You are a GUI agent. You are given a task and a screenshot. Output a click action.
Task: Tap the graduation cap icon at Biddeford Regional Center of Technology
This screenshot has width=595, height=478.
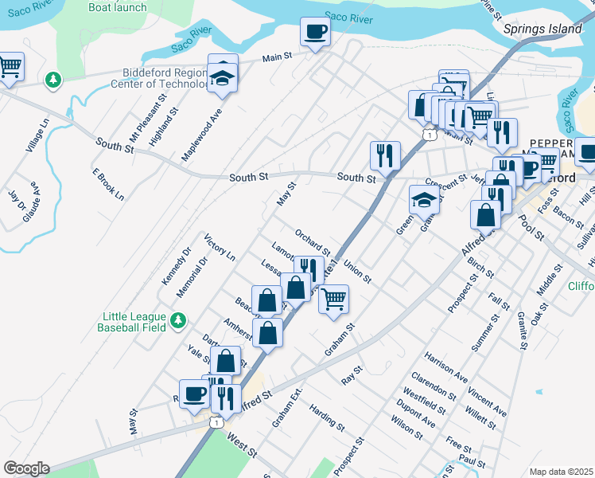tap(223, 77)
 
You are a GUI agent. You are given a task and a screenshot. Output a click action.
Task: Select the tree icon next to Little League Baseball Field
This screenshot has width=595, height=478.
tap(179, 320)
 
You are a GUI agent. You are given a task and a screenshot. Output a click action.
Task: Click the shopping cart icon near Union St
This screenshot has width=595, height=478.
tap(334, 299)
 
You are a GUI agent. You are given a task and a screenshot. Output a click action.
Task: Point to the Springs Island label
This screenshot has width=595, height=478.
tap(543, 29)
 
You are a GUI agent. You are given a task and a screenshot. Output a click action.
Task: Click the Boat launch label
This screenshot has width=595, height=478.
tap(118, 7)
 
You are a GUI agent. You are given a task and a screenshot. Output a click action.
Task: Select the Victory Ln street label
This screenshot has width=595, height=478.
tap(220, 248)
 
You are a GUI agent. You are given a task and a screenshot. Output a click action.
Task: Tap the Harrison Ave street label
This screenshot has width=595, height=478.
tap(445, 362)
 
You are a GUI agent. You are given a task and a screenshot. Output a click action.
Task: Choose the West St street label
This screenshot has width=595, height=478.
tap(242, 445)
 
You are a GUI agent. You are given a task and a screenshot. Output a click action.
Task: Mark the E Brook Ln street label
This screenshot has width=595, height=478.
tap(108, 184)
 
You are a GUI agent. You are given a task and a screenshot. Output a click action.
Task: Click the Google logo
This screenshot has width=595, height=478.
tap(26, 468)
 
